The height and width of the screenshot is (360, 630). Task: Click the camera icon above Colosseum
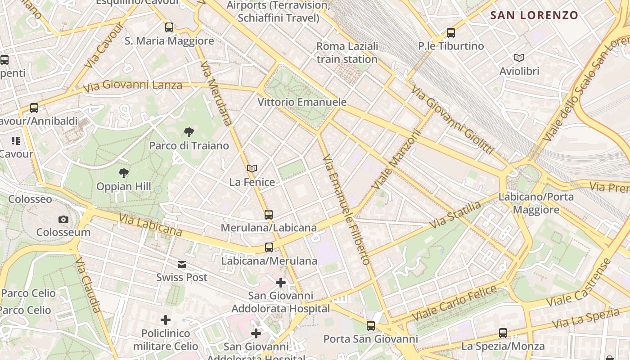[x=63, y=219]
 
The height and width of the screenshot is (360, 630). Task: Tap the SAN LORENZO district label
[x=534, y=15]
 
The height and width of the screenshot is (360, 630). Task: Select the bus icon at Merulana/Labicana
[x=269, y=214]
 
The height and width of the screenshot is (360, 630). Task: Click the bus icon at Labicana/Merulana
[x=269, y=247]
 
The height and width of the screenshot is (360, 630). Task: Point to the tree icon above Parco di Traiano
[x=189, y=132]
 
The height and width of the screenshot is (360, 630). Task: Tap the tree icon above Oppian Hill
[x=123, y=173]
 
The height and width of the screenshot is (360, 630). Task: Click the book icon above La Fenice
[x=252, y=169]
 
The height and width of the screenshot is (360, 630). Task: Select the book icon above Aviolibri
[x=519, y=58]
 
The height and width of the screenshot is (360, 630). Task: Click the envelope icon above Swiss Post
[x=182, y=264]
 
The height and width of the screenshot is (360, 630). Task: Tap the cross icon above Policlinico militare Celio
[x=166, y=320]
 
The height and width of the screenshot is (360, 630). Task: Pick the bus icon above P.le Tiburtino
[x=450, y=33]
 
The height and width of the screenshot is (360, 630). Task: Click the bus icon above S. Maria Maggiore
[x=169, y=27]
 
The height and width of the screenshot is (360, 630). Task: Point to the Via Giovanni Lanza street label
[x=133, y=85]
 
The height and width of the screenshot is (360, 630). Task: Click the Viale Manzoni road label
[x=396, y=160]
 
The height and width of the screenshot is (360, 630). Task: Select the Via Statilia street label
[x=455, y=215]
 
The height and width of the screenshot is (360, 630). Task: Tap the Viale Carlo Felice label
[x=454, y=303]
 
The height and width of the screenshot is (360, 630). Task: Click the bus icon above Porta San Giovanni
[x=370, y=325]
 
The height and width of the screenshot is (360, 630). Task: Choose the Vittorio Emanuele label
[x=302, y=102]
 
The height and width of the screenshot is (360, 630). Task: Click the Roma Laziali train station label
[x=347, y=53]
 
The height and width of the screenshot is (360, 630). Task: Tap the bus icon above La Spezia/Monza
[x=503, y=333]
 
